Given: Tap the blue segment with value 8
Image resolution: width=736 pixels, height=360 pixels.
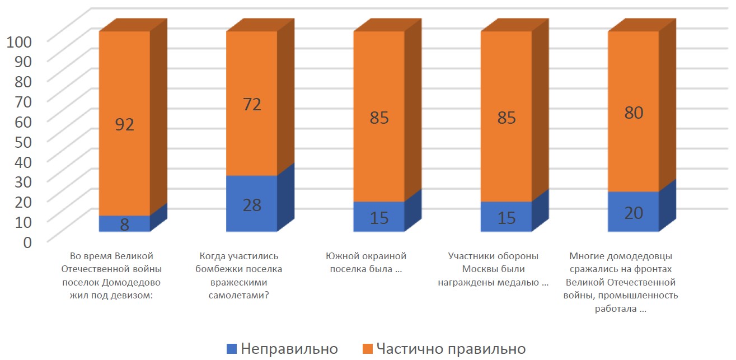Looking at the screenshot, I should coord(124,223).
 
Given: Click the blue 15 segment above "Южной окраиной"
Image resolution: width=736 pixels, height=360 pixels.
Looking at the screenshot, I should coord(379,217).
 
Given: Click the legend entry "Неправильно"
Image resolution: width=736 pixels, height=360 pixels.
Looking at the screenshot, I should coord(283,349).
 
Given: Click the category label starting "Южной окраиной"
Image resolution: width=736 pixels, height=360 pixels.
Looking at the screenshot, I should coord(366,263).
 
